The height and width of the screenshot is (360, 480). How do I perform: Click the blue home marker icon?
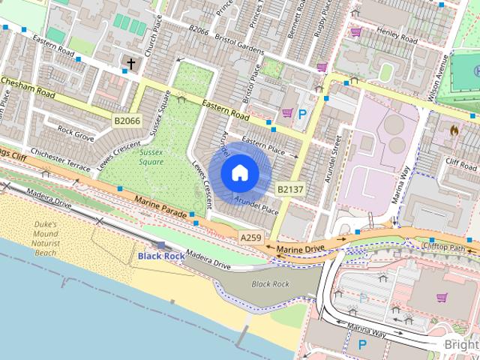pyautogui.click(x=239, y=172)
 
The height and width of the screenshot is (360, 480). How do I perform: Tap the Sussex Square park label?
pyautogui.click(x=151, y=156)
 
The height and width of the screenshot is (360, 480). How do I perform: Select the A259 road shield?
pyautogui.click(x=251, y=238)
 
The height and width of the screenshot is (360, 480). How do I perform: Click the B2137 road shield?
pyautogui.click(x=290, y=190)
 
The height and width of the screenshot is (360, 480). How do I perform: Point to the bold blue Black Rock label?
pyautogui.click(x=161, y=256)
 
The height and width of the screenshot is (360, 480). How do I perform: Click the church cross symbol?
pyautogui.click(x=131, y=64)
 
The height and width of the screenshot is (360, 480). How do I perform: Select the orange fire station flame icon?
pyautogui.click(x=454, y=130)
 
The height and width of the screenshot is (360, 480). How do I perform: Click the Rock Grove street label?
pyautogui.click(x=76, y=137)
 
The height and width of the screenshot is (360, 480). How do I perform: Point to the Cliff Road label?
pyautogui.click(x=460, y=161)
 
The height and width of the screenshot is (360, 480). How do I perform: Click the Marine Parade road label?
pyautogui.click(x=160, y=206)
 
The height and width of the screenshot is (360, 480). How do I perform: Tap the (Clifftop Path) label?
pyautogui.click(x=443, y=246)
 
